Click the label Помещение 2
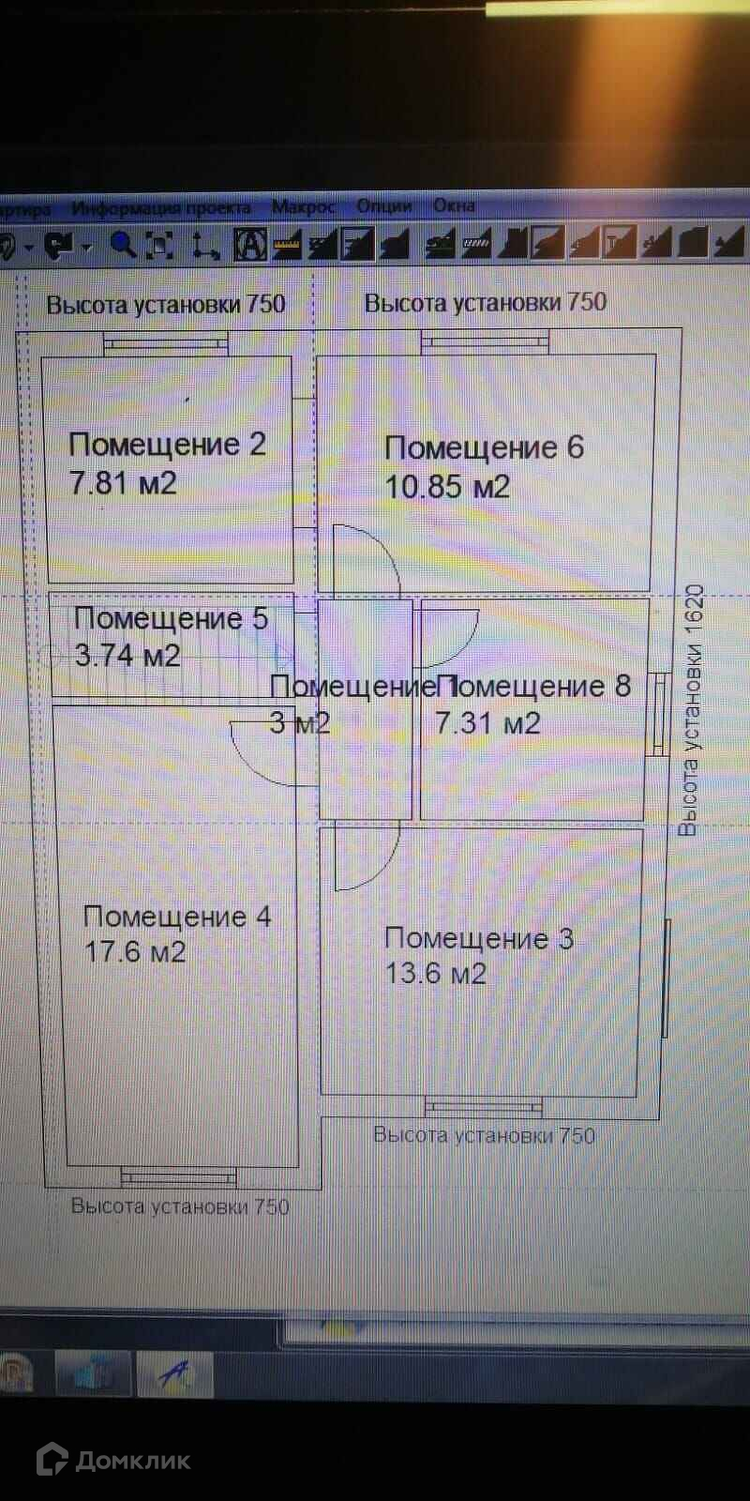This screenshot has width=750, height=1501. pyautogui.click(x=167, y=444)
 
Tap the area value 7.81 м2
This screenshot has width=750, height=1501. pyautogui.click(x=123, y=483)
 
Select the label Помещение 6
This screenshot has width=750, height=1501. pyautogui.click(x=484, y=447)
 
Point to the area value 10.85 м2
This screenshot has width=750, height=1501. pyautogui.click(x=447, y=487)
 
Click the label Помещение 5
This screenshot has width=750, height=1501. pyautogui.click(x=171, y=618)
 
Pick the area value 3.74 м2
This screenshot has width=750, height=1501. pyautogui.click(x=127, y=655)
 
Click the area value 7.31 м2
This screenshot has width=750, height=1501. pyautogui.click(x=487, y=722)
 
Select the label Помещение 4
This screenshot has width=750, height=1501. pyautogui.click(x=177, y=917)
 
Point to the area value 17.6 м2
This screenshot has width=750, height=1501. pyautogui.click(x=135, y=952)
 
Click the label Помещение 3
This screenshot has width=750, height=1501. pyautogui.click(x=479, y=938)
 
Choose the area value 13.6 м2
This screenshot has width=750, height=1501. pyautogui.click(x=436, y=974)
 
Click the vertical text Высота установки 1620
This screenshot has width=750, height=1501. pyautogui.click(x=691, y=710)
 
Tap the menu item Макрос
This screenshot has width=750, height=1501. pyautogui.click(x=303, y=206)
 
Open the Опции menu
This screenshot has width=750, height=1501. pyautogui.click(x=383, y=205)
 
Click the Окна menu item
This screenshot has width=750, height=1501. pyautogui.click(x=454, y=205)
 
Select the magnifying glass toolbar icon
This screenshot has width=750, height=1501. pyautogui.click(x=123, y=245)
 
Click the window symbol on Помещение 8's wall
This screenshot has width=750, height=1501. pyautogui.click(x=660, y=714)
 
